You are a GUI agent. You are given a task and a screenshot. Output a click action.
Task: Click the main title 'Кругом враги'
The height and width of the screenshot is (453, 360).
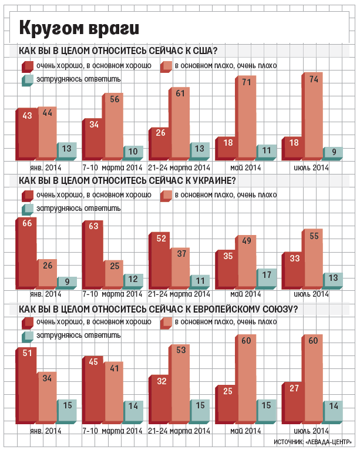click(79, 28)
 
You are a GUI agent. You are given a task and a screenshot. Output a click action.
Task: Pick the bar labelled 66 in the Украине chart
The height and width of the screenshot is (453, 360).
click(28, 253)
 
